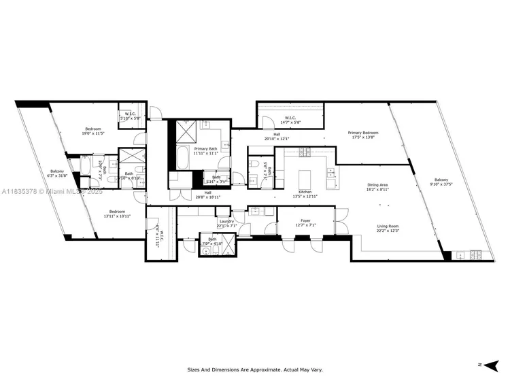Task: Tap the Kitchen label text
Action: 305,193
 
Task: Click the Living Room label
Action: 388,226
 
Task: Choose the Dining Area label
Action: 377,185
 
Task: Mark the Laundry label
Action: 226,221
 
